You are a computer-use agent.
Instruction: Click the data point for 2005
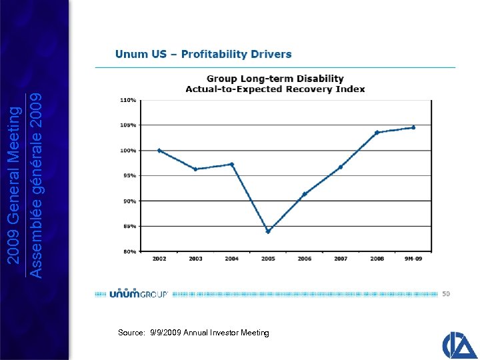point(268,231)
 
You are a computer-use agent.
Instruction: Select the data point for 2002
point(159,151)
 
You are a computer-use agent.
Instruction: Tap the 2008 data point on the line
point(377,133)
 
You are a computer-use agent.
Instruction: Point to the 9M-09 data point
point(413,127)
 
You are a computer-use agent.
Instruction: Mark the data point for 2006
point(304,195)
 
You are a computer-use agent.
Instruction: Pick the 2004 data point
point(231,164)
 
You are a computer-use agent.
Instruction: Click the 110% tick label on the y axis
point(128,100)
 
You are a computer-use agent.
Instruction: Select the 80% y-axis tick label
point(129,251)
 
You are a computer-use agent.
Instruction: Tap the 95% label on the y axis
point(129,176)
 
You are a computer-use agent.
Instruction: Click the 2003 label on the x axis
point(195,259)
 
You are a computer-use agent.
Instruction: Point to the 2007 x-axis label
point(340,259)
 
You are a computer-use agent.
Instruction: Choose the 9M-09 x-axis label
point(413,259)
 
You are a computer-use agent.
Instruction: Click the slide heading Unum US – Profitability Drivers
point(203,54)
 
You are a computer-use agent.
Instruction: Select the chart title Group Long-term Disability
point(275,79)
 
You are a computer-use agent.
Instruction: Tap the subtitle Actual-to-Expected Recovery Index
point(275,89)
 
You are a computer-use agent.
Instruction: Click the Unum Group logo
point(138,293)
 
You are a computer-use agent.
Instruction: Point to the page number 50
point(446,293)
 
